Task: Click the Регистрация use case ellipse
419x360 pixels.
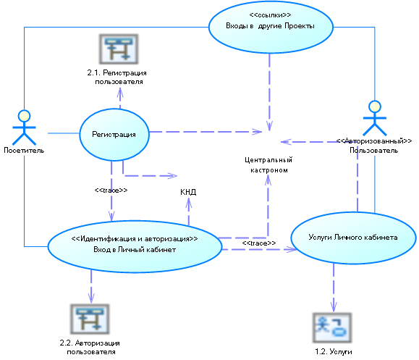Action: [x=114, y=135]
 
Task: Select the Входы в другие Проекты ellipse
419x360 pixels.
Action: [x=271, y=27]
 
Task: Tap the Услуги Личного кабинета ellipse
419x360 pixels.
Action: [x=353, y=238]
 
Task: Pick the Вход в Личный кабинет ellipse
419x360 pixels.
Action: [x=135, y=246]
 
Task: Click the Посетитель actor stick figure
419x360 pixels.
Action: [x=24, y=127]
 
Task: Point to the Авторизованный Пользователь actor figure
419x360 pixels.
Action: [x=375, y=118]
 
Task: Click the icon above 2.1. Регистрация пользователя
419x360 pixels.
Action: [x=119, y=49]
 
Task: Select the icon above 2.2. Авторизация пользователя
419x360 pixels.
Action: [x=90, y=319]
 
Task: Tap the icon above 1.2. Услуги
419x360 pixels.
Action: [x=332, y=327]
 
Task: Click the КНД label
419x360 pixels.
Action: [x=188, y=192]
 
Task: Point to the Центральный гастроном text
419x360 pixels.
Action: [x=268, y=165]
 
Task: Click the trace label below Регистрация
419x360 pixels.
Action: [x=111, y=191]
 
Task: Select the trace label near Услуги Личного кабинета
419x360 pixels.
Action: [x=259, y=243]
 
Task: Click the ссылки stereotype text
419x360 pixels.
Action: [x=270, y=15]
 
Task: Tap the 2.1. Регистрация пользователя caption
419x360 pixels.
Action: [x=117, y=77]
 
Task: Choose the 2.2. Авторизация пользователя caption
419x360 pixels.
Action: [x=90, y=347]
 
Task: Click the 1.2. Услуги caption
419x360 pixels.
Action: [x=333, y=351]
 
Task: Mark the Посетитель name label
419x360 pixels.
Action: [x=24, y=151]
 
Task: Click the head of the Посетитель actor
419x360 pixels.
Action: [x=24, y=116]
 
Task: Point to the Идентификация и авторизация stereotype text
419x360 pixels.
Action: [x=135, y=238]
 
